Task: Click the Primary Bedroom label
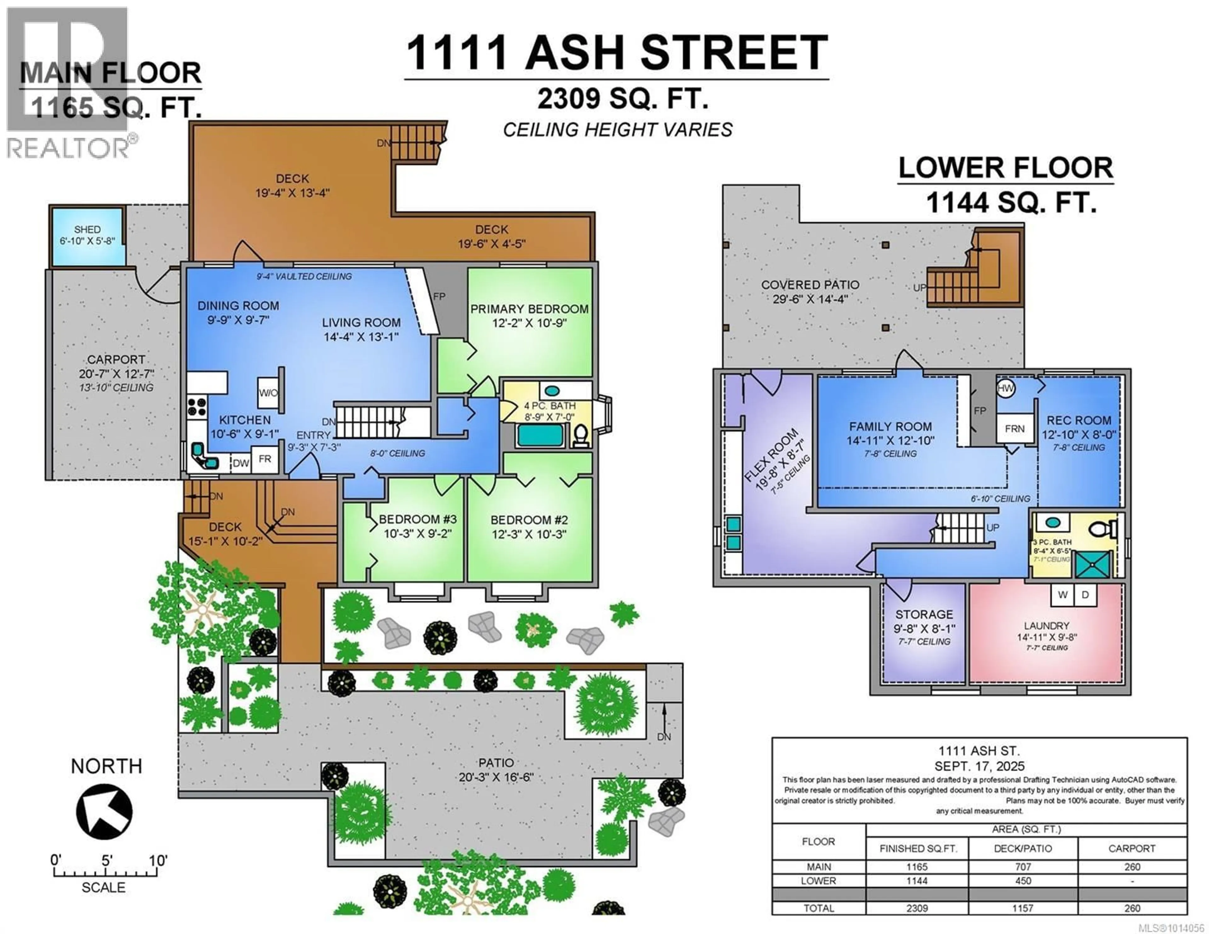coord(529,309)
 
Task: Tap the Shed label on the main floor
coord(88,229)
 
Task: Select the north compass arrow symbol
coord(104,812)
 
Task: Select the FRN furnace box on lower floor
coord(1015,428)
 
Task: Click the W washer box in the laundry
coord(1062,595)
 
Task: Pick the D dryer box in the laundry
coord(1085,595)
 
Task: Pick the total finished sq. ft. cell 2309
coord(917,908)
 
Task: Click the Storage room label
coord(924,614)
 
